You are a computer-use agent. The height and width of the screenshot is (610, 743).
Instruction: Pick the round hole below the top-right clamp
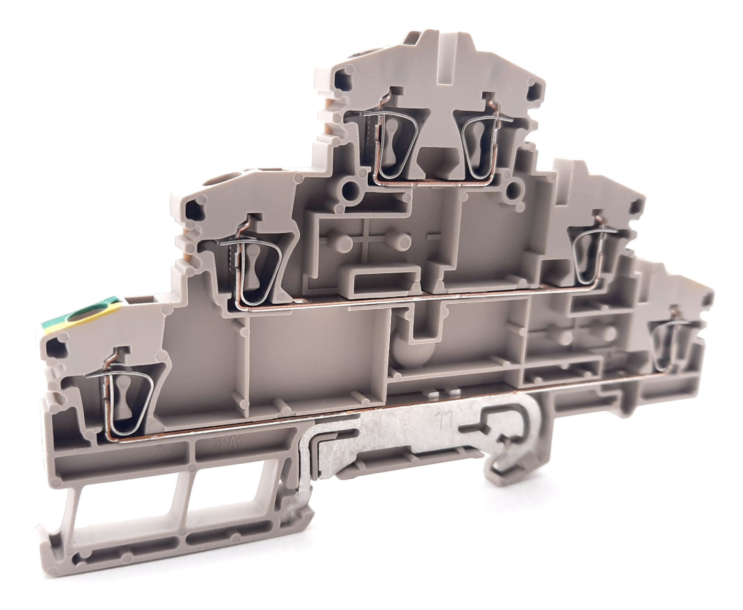[x=514, y=192]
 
